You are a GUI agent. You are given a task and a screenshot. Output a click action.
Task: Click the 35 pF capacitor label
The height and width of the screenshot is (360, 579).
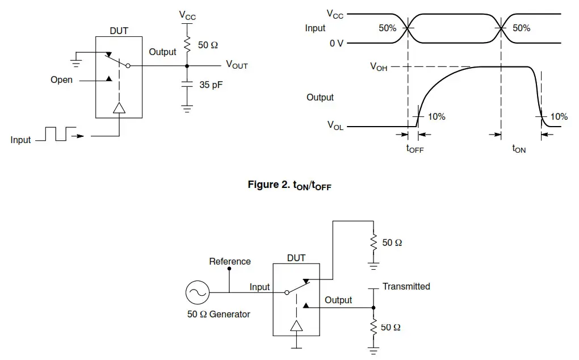[211, 85]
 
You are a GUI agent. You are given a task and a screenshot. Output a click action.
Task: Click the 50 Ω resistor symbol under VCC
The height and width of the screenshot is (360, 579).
[187, 44]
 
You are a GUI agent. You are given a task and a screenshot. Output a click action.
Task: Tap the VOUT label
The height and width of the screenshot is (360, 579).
[237, 65]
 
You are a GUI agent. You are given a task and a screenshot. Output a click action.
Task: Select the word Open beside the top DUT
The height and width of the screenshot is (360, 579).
[61, 80]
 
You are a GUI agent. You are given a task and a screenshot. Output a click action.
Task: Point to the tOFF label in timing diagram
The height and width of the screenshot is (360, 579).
[415, 149]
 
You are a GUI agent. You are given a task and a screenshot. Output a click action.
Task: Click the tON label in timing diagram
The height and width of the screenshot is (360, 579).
[519, 149]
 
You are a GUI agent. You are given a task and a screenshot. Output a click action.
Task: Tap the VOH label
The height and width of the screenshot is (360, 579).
[379, 66]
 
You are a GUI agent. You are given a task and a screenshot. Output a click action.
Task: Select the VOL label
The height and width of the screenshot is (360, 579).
[335, 127]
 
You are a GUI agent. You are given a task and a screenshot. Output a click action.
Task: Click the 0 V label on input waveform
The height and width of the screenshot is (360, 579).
[337, 43]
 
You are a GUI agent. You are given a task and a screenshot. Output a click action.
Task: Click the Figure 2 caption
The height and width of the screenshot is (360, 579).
[289, 185]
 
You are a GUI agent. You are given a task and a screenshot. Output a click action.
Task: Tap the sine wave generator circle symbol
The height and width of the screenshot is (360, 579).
[197, 293]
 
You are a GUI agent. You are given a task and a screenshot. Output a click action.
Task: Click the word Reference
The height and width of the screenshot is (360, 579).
[230, 262]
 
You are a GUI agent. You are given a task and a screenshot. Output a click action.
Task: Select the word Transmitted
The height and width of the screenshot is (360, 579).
[406, 287]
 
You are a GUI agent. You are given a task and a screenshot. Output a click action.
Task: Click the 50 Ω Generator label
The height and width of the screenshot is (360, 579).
[219, 314]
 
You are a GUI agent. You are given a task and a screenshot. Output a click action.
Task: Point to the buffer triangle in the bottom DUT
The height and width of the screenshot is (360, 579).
[296, 325]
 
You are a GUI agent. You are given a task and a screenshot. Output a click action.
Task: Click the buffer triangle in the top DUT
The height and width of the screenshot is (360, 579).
[119, 108]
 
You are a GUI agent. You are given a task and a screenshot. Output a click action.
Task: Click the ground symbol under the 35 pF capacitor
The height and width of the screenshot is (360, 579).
[187, 108]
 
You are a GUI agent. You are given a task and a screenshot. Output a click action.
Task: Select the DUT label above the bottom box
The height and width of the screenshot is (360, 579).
[296, 258]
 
